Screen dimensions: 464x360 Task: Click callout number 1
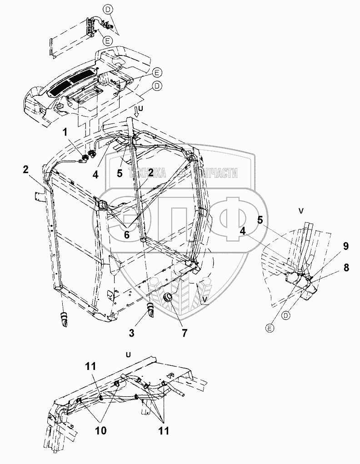66,133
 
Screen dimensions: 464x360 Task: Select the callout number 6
127,236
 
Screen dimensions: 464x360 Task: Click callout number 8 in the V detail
346,268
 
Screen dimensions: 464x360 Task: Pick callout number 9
346,247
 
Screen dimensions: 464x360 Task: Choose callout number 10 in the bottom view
101,430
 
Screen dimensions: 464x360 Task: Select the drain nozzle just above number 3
150,312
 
